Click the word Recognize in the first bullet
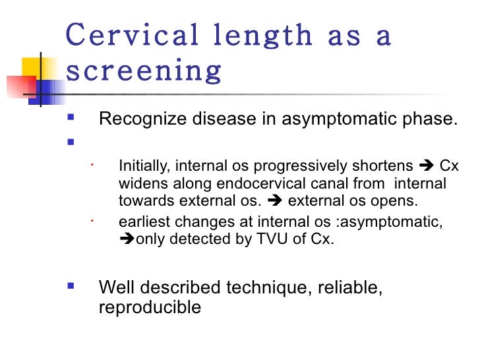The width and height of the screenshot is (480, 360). pyautogui.click(x=138, y=119)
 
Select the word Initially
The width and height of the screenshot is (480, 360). pyautogui.click(x=138, y=165)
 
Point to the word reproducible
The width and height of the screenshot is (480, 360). pyautogui.click(x=150, y=307)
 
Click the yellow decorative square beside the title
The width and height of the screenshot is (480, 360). pyautogui.click(x=32, y=69)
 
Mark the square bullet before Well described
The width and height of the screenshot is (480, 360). pyautogui.click(x=71, y=287)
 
